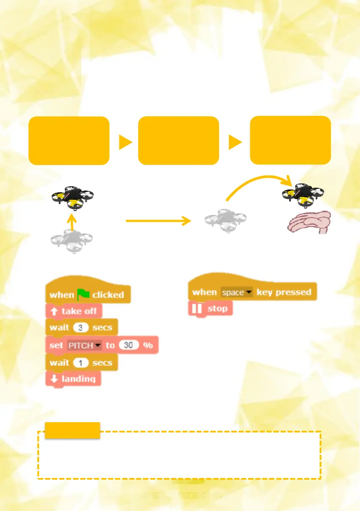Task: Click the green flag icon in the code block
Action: [x=84, y=294]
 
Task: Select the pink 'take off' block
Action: [x=74, y=311]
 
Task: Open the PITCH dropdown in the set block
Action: [x=84, y=345]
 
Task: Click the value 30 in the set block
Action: [x=128, y=345]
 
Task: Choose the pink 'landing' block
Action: [x=73, y=379]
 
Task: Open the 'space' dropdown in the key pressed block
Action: [x=236, y=292]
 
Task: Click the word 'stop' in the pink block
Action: [x=218, y=308]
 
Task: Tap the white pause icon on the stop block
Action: [x=198, y=309]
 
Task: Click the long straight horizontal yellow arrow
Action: [x=157, y=221]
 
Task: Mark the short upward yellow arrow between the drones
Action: [x=72, y=221]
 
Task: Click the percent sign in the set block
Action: [x=148, y=345]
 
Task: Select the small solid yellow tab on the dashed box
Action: [x=72, y=430]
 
